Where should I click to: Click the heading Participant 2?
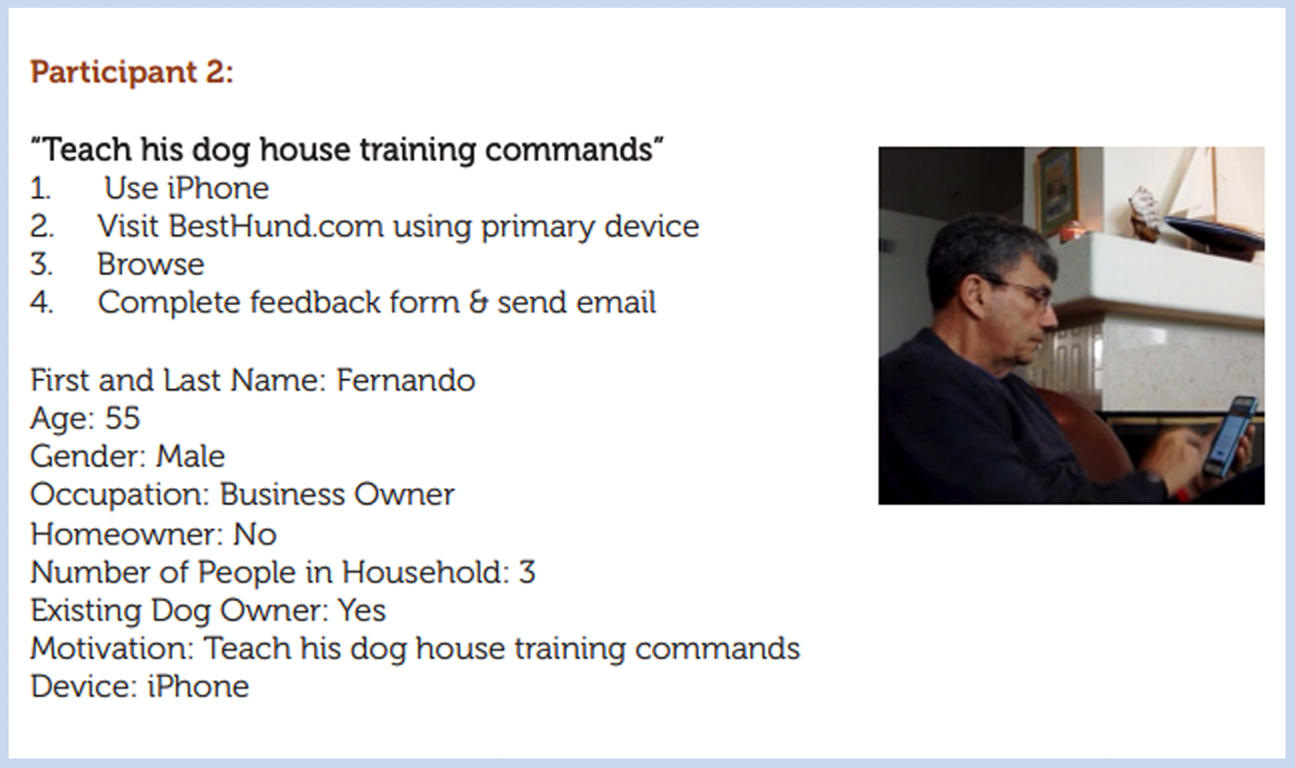point(132,72)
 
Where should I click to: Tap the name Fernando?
point(405,380)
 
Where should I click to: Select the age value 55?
point(122,419)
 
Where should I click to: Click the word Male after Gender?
point(190,456)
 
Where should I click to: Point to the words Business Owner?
point(336,495)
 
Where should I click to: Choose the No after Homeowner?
point(254,534)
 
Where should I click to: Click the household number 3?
point(527,572)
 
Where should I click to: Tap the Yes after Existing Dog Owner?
point(361,610)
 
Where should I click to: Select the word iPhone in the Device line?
point(197,687)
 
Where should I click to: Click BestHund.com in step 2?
point(276,227)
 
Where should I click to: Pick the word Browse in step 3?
point(150,265)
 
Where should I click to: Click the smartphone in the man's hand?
point(1230,435)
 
